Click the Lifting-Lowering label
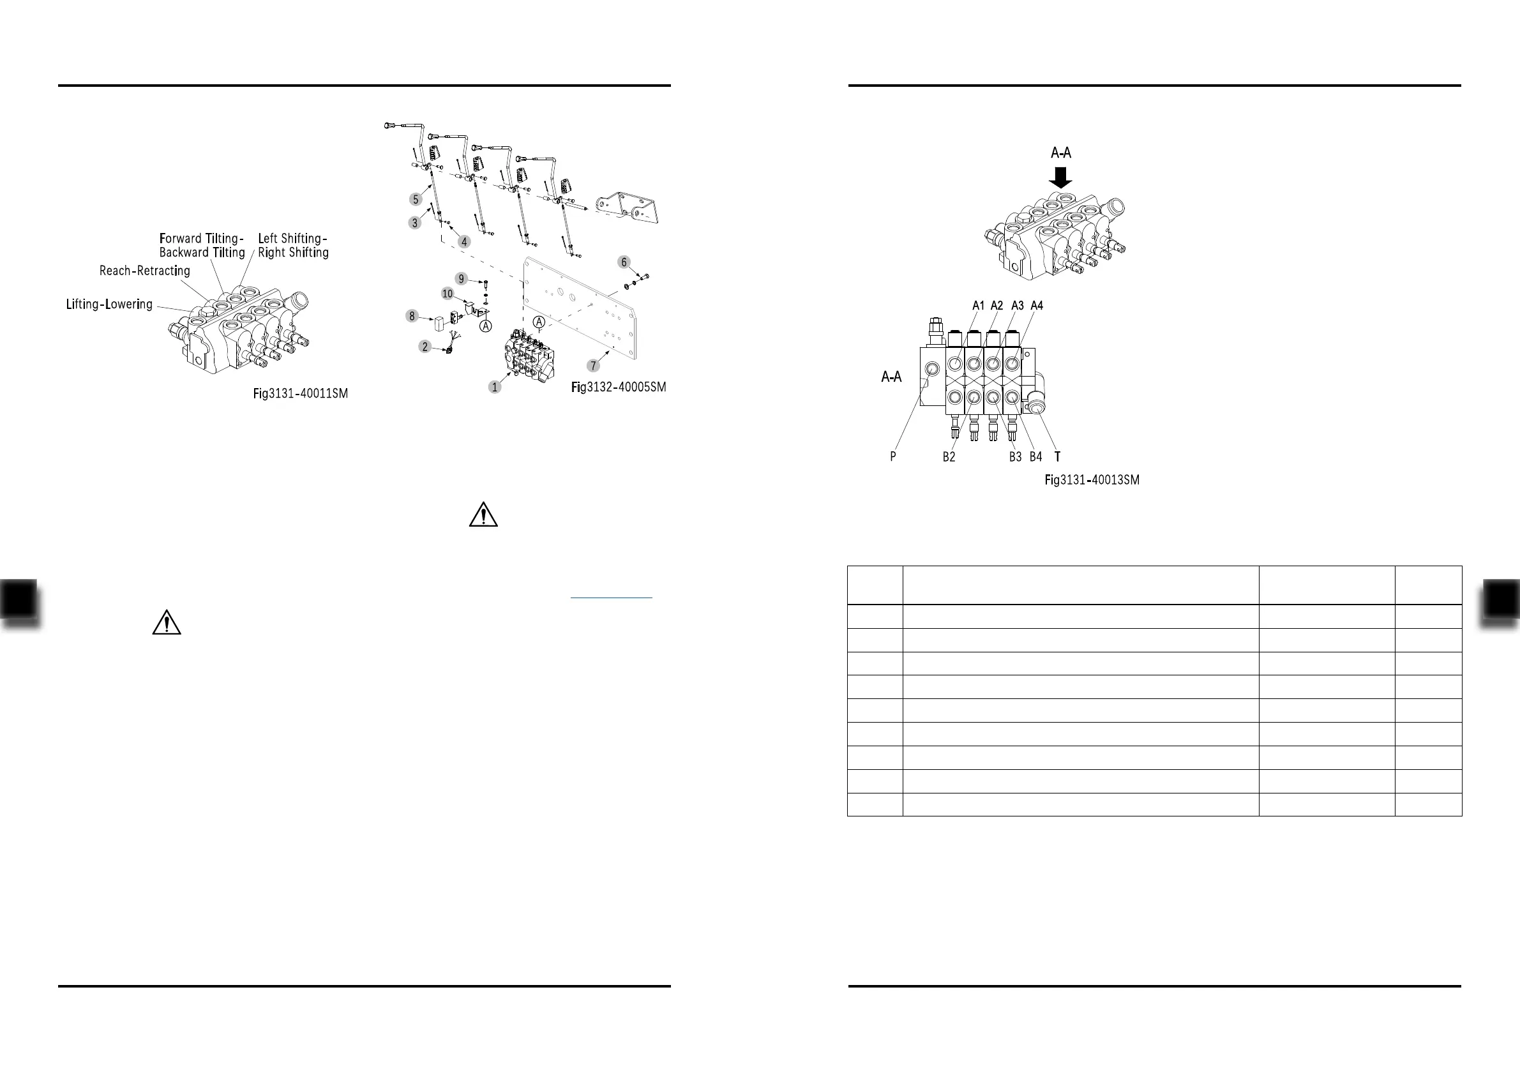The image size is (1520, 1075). coord(109,304)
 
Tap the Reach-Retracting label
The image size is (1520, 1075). coord(144,271)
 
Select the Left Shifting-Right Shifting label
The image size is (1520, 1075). coord(292,246)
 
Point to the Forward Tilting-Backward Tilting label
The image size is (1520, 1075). coord(202,246)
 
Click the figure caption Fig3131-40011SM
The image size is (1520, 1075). coord(300,394)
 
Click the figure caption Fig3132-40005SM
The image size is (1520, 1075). coord(619,387)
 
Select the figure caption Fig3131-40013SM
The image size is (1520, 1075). coord(1092,480)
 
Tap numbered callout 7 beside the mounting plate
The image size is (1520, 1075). coord(593,366)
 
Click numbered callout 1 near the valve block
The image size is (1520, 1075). coord(495,387)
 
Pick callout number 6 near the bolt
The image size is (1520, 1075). coord(624,262)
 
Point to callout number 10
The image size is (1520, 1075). coord(448,294)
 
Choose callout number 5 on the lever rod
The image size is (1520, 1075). coord(416,199)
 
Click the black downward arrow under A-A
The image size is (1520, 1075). coord(1060,177)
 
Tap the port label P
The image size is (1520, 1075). coord(893,456)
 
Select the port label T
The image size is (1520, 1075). coord(1057,456)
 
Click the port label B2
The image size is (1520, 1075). coord(949,456)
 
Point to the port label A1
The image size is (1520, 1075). coord(978,305)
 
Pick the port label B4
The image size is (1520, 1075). coord(1035,456)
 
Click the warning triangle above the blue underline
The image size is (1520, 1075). coord(483,515)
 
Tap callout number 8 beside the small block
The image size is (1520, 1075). coord(412,317)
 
